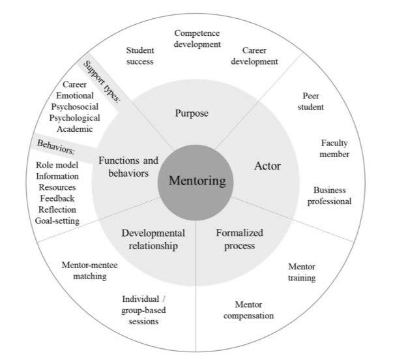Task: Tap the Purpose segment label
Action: tap(192, 113)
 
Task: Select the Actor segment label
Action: tap(267, 166)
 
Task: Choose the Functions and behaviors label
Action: tap(128, 166)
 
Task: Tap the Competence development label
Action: tap(197, 38)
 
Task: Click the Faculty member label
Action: tap(335, 148)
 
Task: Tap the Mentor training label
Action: tap(302, 272)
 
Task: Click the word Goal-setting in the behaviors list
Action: tap(57, 221)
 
